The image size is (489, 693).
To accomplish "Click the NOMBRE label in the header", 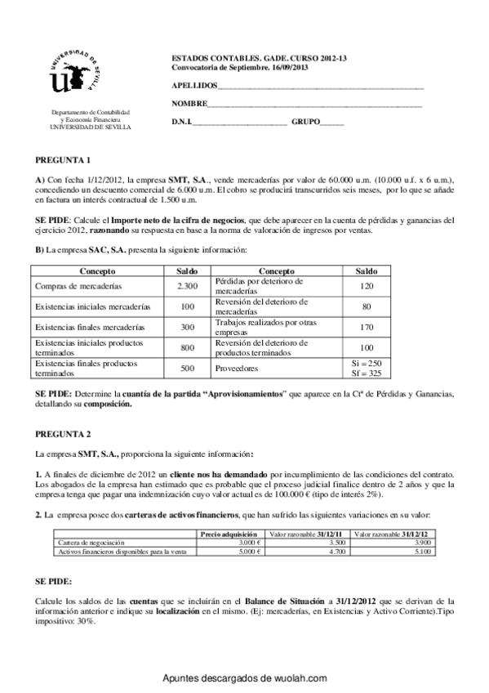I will point(189,104).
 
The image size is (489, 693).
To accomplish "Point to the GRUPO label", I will point(305,122).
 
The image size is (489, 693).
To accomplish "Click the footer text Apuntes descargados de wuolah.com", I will point(244,678).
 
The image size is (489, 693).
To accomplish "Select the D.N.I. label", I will point(180,122).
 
